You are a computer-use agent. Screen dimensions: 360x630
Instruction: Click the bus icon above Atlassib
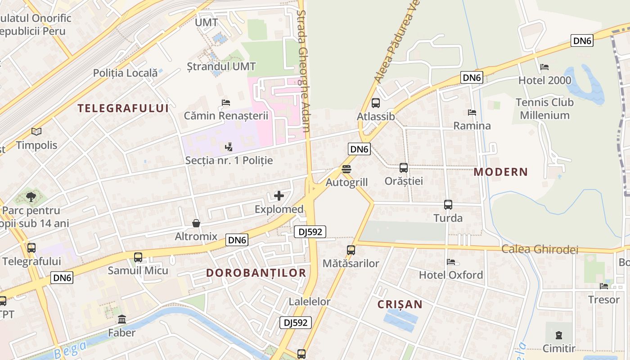(x=376, y=103)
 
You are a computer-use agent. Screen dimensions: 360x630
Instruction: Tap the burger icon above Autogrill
(x=346, y=169)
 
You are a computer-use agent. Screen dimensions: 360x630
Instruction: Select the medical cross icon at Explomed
(x=279, y=196)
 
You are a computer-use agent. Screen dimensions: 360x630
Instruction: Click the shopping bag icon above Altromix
(x=196, y=223)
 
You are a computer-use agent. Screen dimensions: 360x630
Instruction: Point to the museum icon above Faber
(x=121, y=319)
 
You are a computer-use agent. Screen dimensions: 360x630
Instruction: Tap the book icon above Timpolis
(x=36, y=132)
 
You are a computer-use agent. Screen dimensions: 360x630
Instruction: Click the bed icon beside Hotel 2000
(x=544, y=67)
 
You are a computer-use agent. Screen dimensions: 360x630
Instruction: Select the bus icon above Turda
(x=448, y=205)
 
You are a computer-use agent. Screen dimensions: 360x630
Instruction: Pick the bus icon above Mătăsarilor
(x=351, y=250)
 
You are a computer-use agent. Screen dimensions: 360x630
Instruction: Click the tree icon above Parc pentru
(x=31, y=197)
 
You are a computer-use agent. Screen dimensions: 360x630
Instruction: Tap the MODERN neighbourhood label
(x=500, y=172)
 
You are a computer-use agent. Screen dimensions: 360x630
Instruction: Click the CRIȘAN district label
(x=400, y=305)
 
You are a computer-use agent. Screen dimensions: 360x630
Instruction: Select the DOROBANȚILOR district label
(x=256, y=273)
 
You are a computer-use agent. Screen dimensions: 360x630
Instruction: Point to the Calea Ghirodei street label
(x=540, y=249)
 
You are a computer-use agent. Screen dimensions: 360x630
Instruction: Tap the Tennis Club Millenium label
(x=544, y=108)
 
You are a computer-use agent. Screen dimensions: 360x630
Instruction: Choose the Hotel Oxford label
(x=451, y=275)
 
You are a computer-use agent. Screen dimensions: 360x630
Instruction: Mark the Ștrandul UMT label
(x=221, y=67)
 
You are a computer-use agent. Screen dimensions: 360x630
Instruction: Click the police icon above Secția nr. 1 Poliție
(x=229, y=147)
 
